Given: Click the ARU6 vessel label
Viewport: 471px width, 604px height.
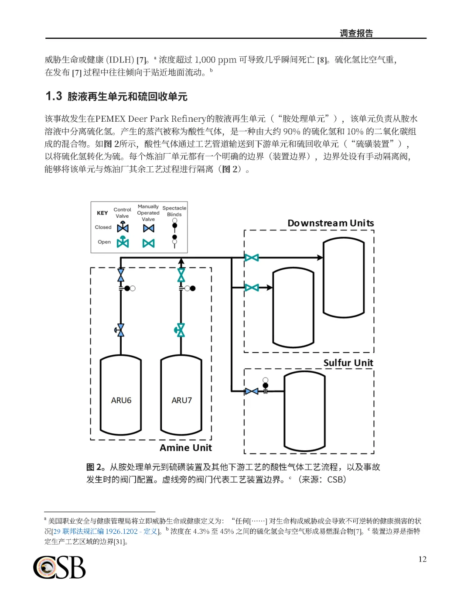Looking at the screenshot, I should click(x=121, y=400).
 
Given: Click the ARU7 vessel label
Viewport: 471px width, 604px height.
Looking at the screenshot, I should click(x=181, y=400).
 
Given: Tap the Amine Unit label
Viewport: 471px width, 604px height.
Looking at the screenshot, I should click(x=186, y=448).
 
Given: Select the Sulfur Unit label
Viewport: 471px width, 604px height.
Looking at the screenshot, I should click(x=348, y=363).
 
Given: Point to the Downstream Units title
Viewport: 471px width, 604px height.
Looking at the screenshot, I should click(x=331, y=223).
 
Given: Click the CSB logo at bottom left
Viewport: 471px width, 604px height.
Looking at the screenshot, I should click(x=59, y=567).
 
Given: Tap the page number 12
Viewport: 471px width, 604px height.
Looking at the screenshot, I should click(x=422, y=559).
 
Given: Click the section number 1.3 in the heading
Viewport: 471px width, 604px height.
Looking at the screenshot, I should click(x=54, y=96).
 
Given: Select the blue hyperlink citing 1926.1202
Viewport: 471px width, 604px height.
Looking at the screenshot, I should click(x=105, y=531).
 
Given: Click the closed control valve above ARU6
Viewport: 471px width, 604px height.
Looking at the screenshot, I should click(x=120, y=330).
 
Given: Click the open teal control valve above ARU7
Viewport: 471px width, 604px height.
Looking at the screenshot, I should click(x=180, y=330).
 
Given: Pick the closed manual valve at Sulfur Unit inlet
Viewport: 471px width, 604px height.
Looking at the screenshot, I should click(x=251, y=391).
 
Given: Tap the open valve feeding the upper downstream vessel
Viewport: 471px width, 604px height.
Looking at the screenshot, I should click(x=252, y=257).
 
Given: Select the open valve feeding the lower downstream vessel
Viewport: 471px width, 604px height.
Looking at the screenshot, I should click(x=252, y=288).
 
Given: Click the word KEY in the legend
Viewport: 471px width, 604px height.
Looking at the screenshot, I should click(x=102, y=213).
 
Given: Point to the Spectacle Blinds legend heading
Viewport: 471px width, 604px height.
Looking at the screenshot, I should click(x=174, y=211).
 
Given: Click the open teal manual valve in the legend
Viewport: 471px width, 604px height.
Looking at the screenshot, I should click(x=148, y=243).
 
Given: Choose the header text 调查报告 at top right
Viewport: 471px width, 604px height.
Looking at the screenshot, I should click(x=356, y=33).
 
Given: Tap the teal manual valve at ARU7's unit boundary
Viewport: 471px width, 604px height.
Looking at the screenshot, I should click(x=181, y=275).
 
